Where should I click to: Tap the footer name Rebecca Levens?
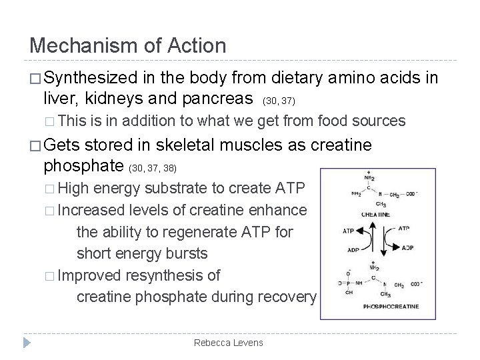[228, 343]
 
